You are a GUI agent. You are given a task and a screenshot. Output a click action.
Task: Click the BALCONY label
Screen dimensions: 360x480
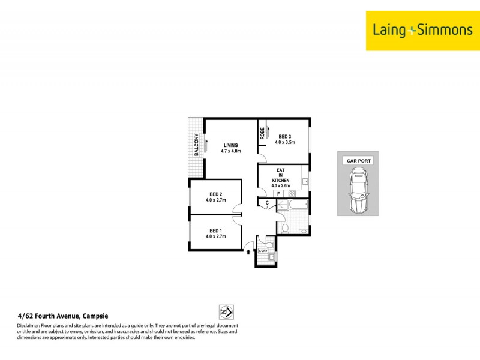[196, 145]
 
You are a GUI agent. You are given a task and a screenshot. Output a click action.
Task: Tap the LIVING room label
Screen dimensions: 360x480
[231, 145]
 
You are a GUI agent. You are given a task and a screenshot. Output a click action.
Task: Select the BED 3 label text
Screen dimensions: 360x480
[284, 137]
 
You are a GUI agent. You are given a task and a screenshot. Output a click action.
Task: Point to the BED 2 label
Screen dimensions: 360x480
[216, 194]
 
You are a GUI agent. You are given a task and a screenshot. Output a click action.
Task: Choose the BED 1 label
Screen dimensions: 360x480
[216, 230]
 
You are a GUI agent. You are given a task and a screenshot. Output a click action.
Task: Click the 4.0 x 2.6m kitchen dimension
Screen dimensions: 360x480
[281, 185]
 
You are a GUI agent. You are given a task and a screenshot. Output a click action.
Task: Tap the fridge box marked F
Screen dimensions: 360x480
[279, 194]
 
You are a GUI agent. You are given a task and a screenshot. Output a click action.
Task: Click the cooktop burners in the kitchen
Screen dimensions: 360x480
[292, 194]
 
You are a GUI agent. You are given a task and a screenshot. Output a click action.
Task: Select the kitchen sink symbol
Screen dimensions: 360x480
[305, 181]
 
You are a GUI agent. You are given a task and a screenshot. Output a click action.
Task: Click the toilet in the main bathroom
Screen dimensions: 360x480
[286, 228]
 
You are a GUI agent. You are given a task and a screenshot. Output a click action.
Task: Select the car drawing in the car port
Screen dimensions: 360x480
[358, 191]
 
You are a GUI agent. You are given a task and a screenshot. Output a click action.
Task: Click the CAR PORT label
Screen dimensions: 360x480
[358, 161]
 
